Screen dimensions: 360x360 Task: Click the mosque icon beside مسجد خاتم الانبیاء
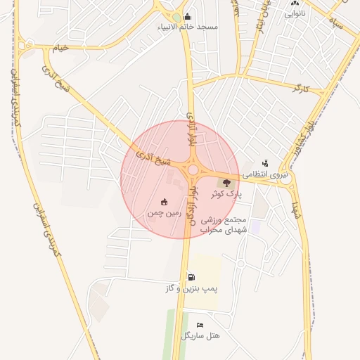[186, 17]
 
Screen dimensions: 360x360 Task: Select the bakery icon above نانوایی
[293, 3]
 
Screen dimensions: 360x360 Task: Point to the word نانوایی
[293, 13]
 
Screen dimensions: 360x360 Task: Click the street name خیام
[62, 47]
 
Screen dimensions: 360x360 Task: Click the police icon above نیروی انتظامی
[264, 162]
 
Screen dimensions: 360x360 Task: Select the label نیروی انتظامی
[266, 173]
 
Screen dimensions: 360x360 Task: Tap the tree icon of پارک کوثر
[226, 182]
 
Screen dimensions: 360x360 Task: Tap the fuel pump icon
[192, 277]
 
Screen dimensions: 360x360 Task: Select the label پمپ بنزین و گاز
[192, 288]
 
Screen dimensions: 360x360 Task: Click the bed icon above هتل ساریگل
[200, 326]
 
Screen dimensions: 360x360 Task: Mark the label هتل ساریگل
[200, 336]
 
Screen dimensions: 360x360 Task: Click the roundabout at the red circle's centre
[192, 169]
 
